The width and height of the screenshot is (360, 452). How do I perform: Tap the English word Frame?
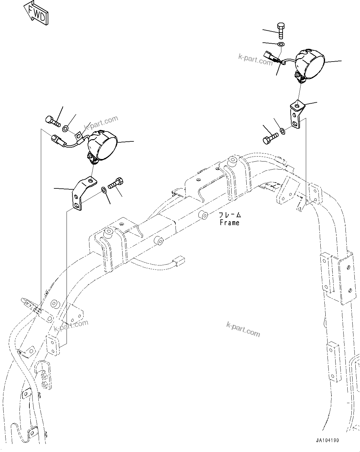(229, 222)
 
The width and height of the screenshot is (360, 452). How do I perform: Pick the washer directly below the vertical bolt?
(281, 45)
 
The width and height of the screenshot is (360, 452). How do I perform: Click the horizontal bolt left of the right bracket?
(270, 138)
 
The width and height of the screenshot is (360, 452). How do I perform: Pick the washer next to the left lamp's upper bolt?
(66, 128)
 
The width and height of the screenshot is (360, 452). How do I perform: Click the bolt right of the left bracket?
(117, 183)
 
